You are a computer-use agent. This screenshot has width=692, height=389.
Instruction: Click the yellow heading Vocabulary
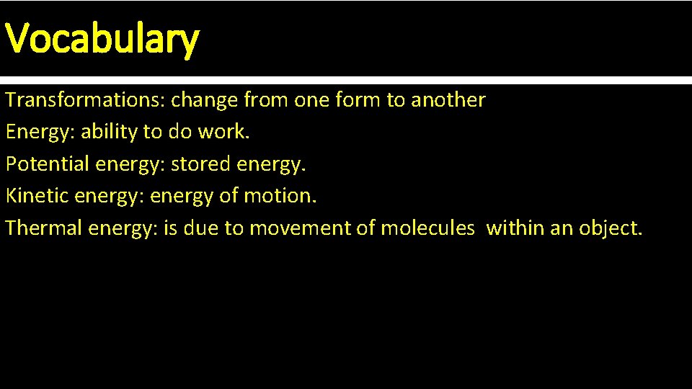click(x=102, y=39)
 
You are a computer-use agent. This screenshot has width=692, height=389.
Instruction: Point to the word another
click(x=448, y=100)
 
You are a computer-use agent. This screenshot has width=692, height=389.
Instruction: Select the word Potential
click(x=48, y=164)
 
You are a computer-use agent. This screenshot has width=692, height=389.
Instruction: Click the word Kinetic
click(x=38, y=196)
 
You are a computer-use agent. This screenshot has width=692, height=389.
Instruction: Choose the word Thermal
click(x=44, y=228)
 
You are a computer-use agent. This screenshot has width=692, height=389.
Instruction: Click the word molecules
click(x=427, y=228)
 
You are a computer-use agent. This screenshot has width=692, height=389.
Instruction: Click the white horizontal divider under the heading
click(x=346, y=80)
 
